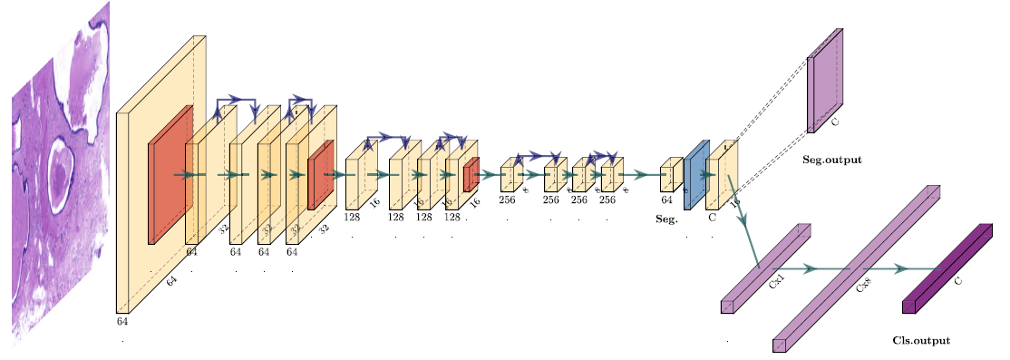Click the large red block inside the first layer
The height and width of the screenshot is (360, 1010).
[170, 175]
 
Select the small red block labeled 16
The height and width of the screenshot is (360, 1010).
[471, 175]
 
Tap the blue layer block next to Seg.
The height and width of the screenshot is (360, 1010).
[695, 175]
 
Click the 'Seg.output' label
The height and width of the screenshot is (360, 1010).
[831, 160]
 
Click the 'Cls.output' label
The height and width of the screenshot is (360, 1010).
[921, 341]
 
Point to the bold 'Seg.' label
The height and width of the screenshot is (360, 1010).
[666, 219]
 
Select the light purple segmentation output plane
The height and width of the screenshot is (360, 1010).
[824, 82]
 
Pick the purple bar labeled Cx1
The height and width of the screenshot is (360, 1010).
[764, 268]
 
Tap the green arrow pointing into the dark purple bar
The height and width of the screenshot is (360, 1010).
[899, 269]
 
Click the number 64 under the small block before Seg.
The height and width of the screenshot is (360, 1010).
[666, 199]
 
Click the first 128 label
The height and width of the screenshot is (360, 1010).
[353, 217]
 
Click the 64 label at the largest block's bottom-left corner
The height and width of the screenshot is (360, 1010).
[122, 321]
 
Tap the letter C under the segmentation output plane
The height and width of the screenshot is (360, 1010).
[835, 120]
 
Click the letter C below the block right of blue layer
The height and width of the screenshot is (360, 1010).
[712, 217]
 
